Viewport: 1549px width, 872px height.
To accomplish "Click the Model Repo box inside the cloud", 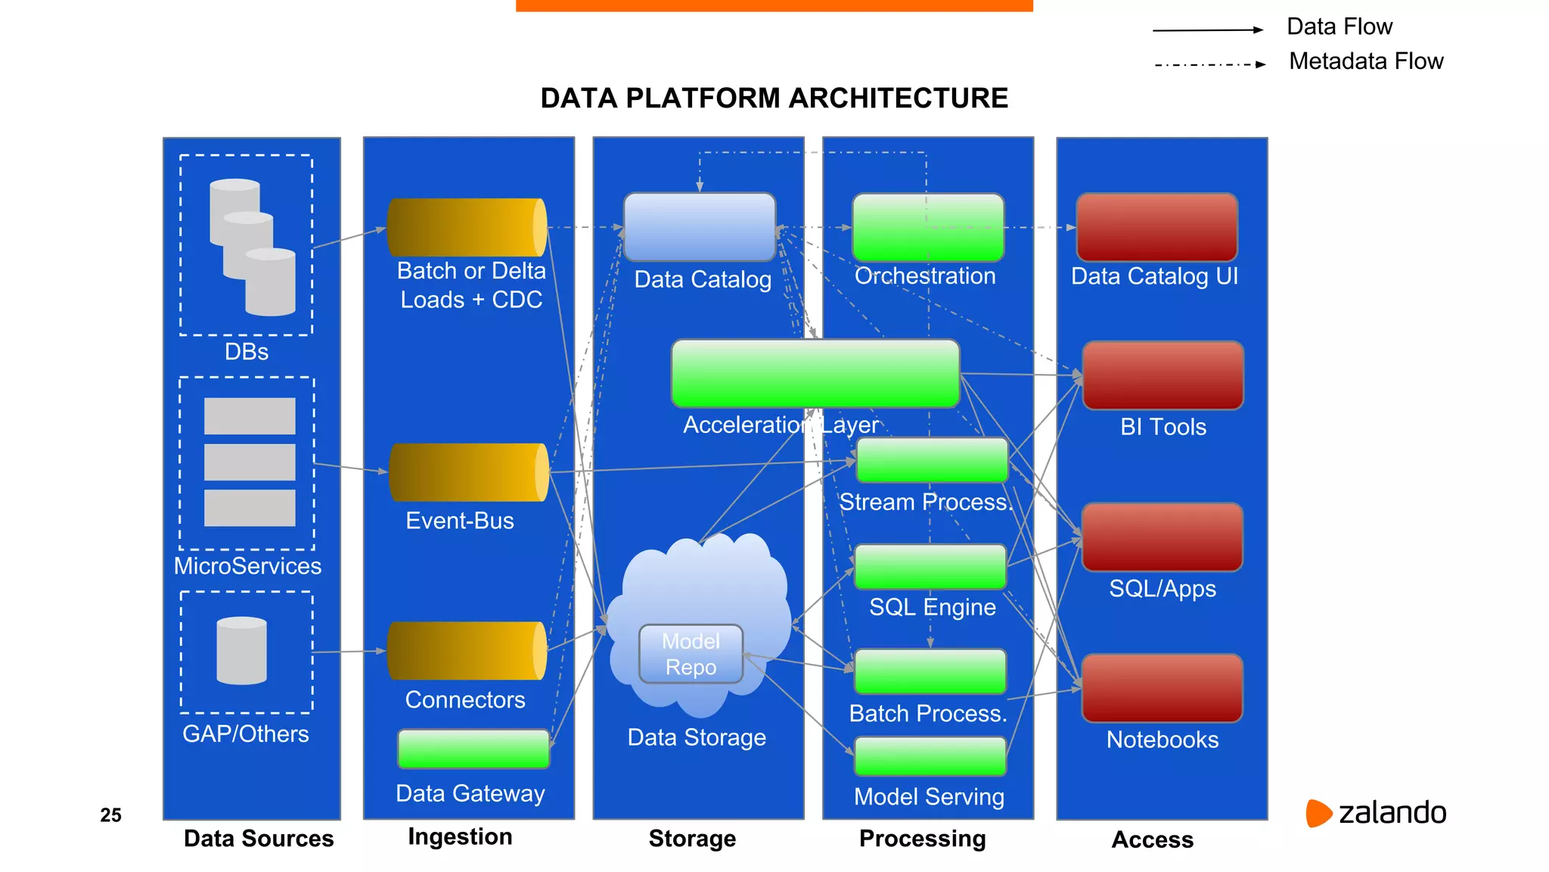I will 691,654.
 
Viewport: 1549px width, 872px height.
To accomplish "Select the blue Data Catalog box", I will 700,226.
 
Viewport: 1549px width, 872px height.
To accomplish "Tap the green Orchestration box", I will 928,227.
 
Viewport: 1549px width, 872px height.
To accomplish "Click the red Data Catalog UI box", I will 1156,227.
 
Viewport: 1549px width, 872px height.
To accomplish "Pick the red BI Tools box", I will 1163,375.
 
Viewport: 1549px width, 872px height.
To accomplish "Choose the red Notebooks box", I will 1162,688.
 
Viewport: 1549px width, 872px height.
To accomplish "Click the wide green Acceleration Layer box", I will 815,373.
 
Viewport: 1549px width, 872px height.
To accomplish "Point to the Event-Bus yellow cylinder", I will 468,472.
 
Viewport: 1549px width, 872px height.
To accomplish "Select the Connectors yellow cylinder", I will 467,651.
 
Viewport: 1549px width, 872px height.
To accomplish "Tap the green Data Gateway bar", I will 473,749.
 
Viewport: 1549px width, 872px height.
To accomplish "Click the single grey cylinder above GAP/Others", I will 241,651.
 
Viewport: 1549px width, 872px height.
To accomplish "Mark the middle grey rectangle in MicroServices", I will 250,462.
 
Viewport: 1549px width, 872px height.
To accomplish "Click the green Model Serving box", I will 930,756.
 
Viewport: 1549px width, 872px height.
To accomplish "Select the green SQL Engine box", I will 930,566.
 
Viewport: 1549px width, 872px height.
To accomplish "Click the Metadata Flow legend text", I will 1366,61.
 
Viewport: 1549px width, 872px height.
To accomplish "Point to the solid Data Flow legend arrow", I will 1207,30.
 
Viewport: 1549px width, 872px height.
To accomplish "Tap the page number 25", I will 110,815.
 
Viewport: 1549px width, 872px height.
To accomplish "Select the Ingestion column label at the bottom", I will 460,836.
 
